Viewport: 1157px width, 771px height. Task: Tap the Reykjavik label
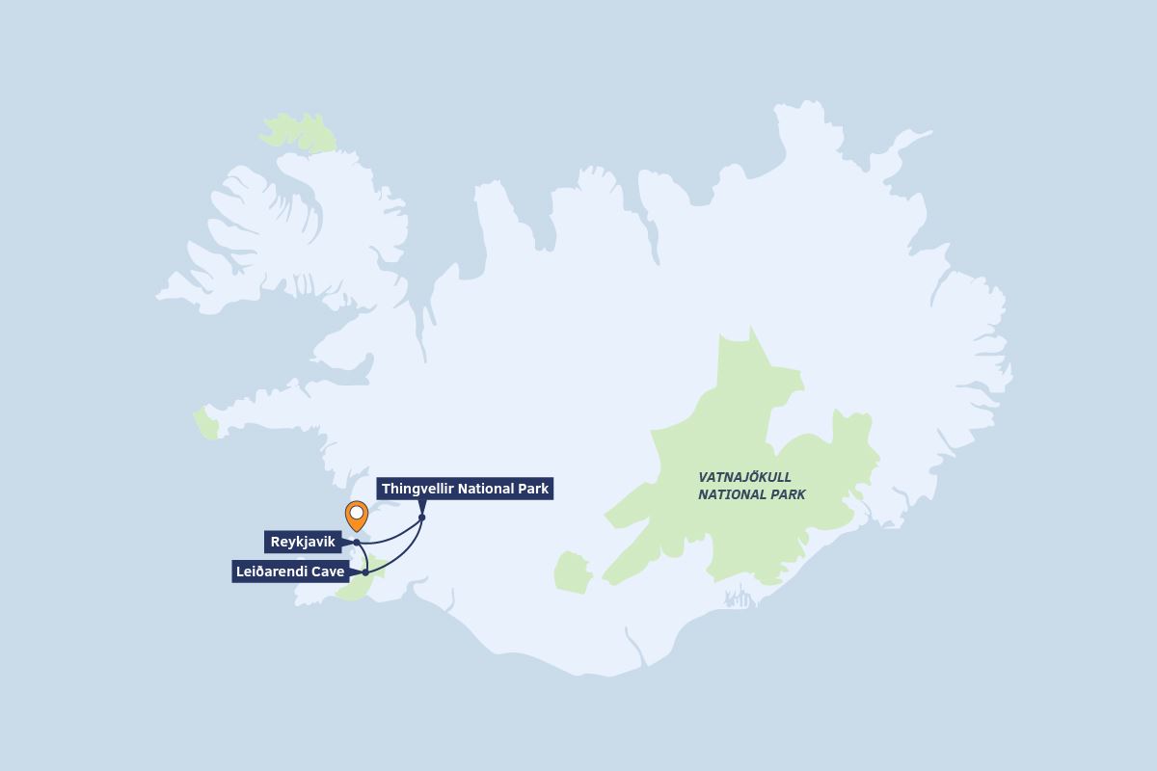(303, 542)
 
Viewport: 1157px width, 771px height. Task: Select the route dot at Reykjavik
(357, 543)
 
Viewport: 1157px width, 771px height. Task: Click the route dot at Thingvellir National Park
(421, 518)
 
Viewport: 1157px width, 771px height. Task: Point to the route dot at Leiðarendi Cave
(365, 572)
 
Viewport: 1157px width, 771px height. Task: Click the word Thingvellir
(417, 489)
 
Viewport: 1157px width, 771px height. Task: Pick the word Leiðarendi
(270, 572)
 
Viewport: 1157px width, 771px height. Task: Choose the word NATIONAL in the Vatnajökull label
(729, 494)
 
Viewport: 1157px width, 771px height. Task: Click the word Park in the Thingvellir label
(532, 489)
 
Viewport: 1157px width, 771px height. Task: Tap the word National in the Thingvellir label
(485, 489)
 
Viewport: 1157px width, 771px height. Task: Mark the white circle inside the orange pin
(356, 512)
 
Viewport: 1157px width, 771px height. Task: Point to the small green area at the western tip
(205, 424)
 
